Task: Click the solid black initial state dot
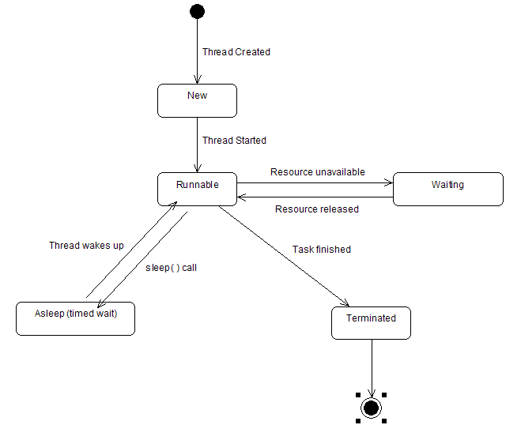(x=197, y=11)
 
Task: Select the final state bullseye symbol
(x=371, y=408)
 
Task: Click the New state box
(x=197, y=100)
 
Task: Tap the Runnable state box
(x=197, y=189)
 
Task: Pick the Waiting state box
(x=447, y=189)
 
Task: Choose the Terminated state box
(x=371, y=322)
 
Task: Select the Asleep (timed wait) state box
(x=75, y=318)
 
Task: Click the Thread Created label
(x=236, y=52)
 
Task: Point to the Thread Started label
(x=234, y=141)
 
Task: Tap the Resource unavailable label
(x=317, y=172)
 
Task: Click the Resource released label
(x=316, y=209)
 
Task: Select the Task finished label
(x=321, y=250)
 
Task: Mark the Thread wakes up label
(x=86, y=246)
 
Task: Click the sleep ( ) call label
(x=171, y=268)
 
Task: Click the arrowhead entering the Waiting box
(x=388, y=182)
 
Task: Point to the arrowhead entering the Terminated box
(x=345, y=303)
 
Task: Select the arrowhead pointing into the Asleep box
(x=100, y=304)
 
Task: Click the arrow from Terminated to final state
(x=371, y=367)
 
